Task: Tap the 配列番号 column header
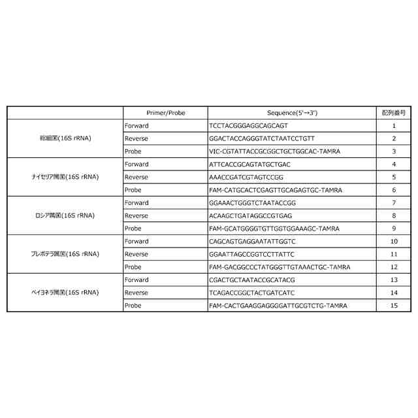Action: tap(394, 113)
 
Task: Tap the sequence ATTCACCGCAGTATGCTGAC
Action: tap(240, 164)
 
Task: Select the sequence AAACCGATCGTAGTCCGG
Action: tap(237, 177)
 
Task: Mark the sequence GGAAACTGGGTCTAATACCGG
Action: tap(243, 202)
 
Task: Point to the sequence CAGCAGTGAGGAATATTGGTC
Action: tap(243, 241)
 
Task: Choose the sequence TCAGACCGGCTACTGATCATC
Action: tap(242, 293)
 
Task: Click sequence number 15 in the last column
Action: tap(394, 305)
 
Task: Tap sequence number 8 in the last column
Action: tap(394, 216)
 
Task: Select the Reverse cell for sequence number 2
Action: tap(136, 138)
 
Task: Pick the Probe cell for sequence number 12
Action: tap(133, 267)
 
